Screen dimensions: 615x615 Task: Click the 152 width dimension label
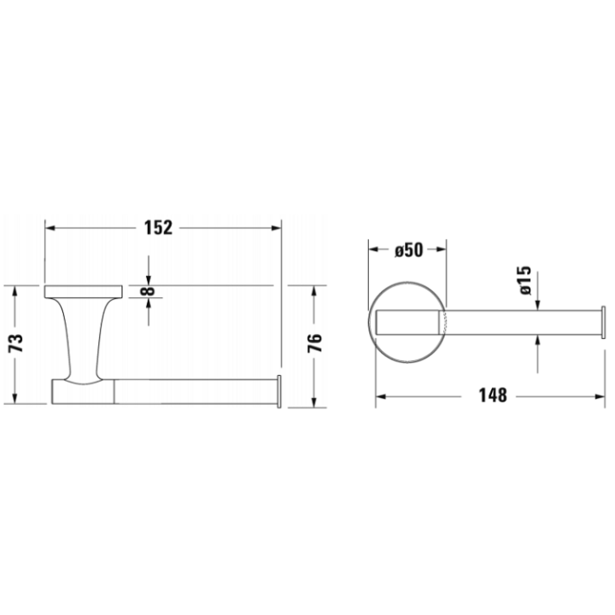point(160,228)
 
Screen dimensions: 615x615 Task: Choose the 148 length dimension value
point(492,395)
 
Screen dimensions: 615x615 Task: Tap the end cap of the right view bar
point(605,321)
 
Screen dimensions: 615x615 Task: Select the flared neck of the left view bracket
point(79,337)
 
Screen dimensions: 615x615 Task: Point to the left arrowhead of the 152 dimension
point(50,228)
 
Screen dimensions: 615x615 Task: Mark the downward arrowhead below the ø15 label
point(536,306)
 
